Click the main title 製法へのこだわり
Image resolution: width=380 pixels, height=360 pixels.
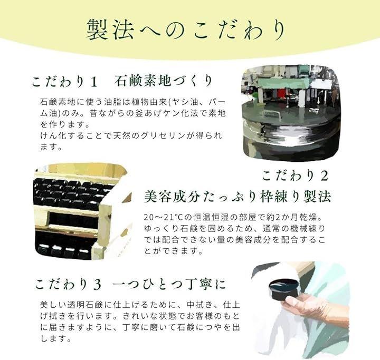(x=186, y=30)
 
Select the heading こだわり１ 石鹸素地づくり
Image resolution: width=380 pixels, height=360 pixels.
(x=122, y=81)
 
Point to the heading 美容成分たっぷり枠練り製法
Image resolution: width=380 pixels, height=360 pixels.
(x=237, y=197)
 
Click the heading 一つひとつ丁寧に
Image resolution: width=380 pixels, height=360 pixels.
(x=169, y=284)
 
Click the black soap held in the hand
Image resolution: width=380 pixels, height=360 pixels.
(x=283, y=289)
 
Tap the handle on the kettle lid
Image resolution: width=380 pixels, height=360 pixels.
(x=268, y=114)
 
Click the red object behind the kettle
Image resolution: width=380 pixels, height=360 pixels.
(x=282, y=93)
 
